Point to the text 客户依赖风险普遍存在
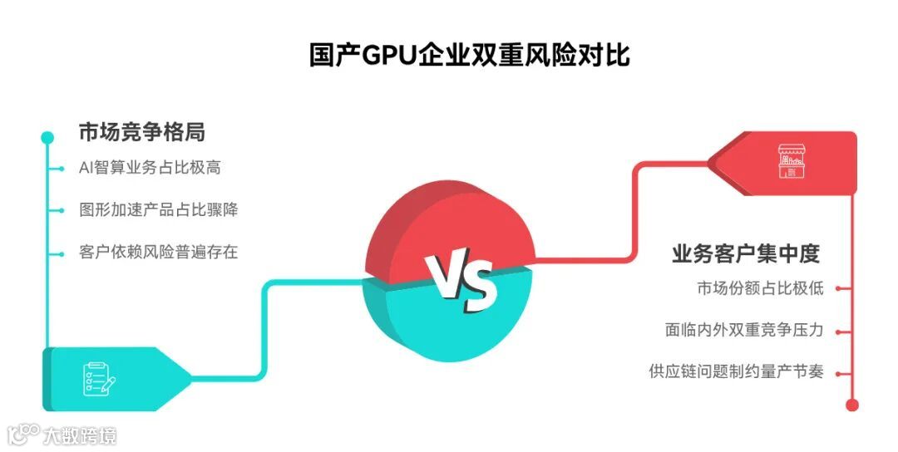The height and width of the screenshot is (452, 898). click(159, 252)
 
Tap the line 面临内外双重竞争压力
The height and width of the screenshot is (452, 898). click(744, 331)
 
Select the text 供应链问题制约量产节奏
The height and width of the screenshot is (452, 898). click(736, 372)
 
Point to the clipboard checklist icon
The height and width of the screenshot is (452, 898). click(98, 379)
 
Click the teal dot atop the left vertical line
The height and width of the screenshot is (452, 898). click(47, 136)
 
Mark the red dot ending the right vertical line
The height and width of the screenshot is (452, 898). click(851, 405)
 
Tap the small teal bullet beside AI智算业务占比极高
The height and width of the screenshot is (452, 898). click(61, 169)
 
